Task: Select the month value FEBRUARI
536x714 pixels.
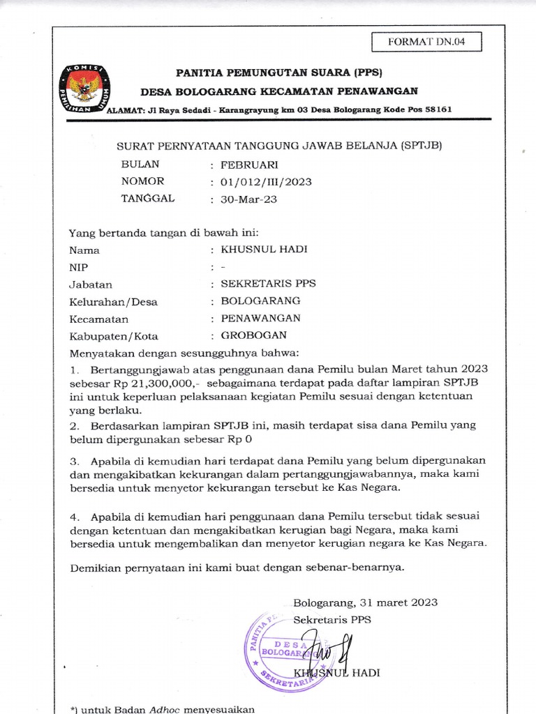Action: point(250,165)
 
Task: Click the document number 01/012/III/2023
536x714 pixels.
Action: point(266,182)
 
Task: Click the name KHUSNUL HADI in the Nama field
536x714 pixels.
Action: point(263,250)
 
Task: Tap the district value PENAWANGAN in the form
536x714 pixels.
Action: point(260,318)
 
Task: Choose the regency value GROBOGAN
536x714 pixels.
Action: point(254,335)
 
